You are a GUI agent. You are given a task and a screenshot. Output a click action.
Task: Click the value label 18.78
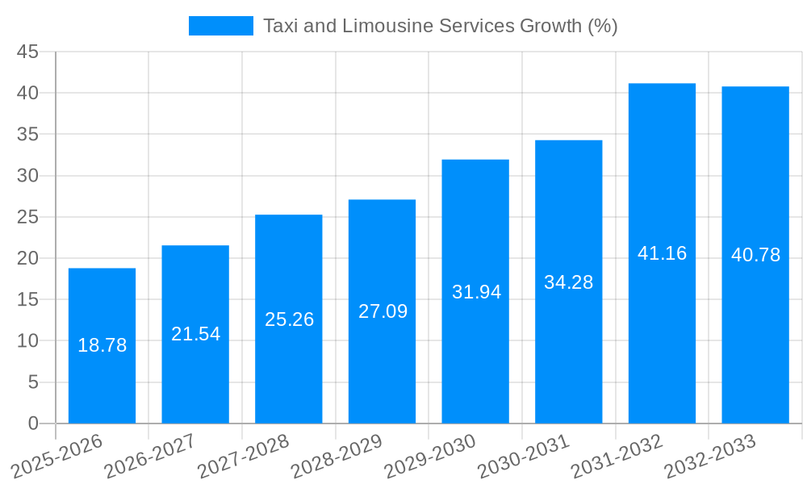tap(102, 345)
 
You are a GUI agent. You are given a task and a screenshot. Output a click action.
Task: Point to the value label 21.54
tap(195, 334)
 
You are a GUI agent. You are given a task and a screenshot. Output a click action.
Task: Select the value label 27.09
tap(383, 311)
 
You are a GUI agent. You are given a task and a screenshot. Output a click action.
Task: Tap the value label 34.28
tap(568, 282)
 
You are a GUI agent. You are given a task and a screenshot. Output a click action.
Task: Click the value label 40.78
tap(755, 255)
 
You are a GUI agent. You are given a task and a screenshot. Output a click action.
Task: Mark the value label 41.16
tap(662, 253)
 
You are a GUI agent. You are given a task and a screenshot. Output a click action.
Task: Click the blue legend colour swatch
tap(220, 26)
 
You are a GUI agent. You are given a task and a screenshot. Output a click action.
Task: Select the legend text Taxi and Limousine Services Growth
tap(440, 26)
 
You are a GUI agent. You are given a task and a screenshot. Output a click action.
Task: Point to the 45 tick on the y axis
tap(27, 52)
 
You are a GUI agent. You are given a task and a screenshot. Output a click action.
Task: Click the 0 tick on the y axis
tap(33, 423)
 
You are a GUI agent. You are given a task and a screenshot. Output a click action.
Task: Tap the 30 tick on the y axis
tap(27, 175)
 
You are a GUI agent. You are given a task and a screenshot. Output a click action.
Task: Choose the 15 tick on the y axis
tap(27, 299)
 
